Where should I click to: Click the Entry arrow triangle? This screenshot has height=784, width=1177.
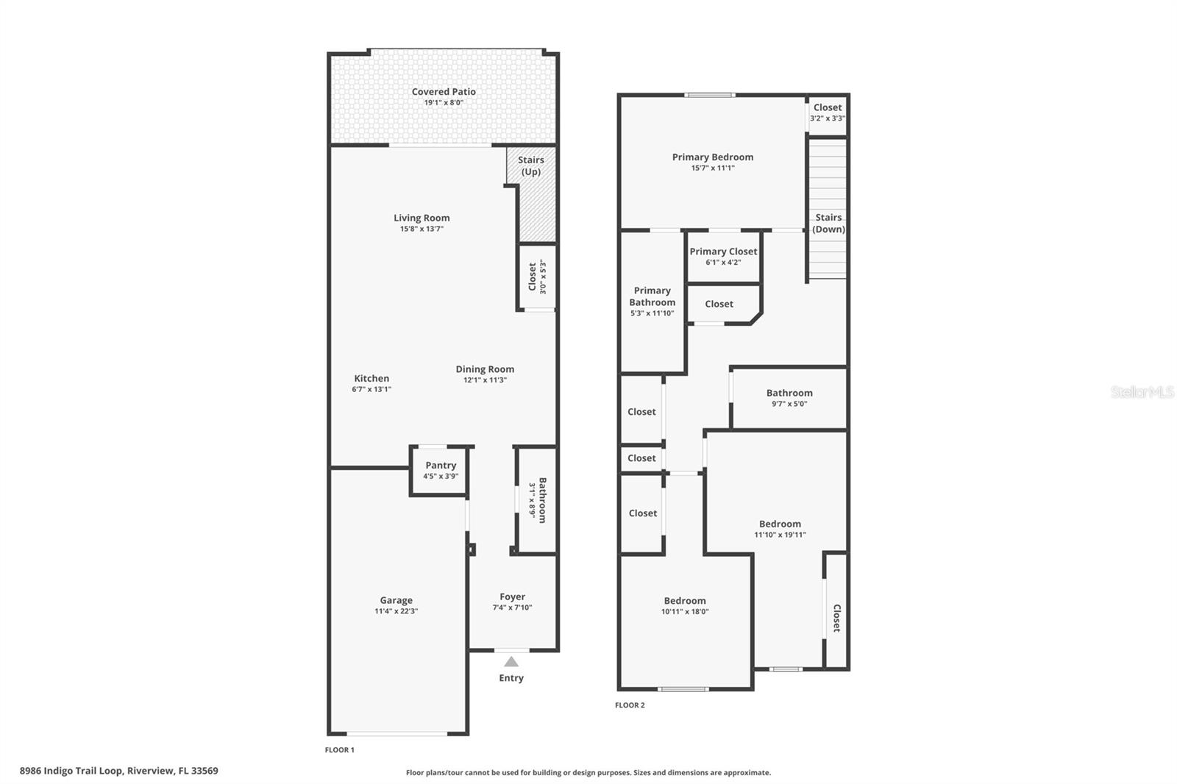coord(511,662)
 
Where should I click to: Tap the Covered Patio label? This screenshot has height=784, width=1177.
coord(444,92)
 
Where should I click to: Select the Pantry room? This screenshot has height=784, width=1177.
coord(438,471)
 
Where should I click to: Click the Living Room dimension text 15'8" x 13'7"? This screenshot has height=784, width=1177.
coord(422,229)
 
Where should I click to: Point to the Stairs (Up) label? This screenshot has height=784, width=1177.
coord(530,165)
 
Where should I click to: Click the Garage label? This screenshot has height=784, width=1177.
coord(397,600)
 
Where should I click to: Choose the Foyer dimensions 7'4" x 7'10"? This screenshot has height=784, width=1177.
coord(512,607)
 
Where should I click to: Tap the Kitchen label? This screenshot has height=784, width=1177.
coord(371,378)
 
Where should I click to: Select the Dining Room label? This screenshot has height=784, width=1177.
coord(485,369)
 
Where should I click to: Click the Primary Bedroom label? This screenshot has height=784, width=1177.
coord(713,157)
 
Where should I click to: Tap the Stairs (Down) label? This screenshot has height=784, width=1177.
coord(828,224)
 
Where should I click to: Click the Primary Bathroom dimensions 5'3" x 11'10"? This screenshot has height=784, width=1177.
coord(652,313)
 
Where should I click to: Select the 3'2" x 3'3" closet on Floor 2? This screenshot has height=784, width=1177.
coord(828,116)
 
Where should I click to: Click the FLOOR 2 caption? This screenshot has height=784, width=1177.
coord(630,705)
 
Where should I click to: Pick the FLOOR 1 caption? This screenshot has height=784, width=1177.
coord(339,750)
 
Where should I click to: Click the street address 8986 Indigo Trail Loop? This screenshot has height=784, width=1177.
coord(71,771)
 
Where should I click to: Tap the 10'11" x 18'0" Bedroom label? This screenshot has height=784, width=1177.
coord(685,601)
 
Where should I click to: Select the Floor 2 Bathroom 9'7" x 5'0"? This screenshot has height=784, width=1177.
coord(789,399)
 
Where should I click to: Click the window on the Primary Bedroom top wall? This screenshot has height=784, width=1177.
coord(709,95)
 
